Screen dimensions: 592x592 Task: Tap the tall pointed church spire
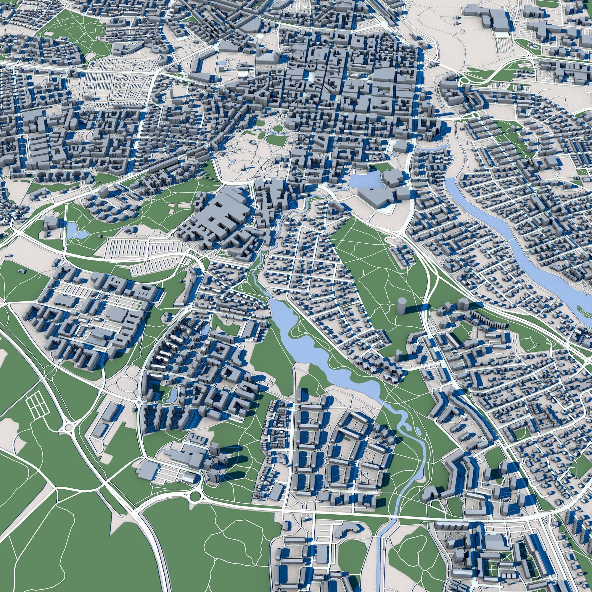(258, 46)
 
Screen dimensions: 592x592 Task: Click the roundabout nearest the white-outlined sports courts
(69, 427)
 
